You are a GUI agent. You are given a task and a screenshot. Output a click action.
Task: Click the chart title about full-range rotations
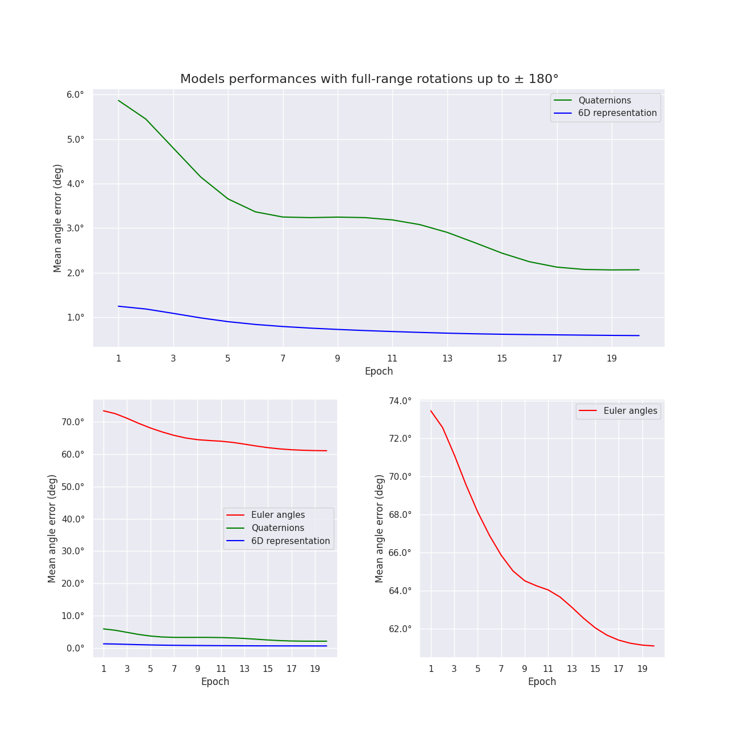coord(369,79)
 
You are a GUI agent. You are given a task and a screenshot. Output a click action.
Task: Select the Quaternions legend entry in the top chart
coord(604,101)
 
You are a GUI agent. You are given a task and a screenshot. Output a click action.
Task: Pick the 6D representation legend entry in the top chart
coord(617,113)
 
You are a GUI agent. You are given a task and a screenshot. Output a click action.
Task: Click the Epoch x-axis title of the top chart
coord(379,372)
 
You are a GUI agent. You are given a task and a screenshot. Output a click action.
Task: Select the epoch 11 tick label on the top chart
coord(392,359)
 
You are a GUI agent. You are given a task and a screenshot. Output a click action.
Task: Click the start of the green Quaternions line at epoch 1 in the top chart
coord(118,101)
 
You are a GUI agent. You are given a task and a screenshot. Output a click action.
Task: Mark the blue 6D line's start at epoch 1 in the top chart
coord(118,306)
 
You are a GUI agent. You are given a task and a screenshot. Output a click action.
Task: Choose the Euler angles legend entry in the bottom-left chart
coord(277,515)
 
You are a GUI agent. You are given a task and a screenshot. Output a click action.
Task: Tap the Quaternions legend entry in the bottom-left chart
coord(277,528)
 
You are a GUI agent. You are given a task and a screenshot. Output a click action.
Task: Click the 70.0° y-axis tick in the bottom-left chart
coord(72,422)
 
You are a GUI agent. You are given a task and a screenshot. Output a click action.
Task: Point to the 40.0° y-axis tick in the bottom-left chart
coord(72,519)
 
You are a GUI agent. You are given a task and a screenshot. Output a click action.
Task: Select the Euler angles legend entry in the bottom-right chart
coord(630,411)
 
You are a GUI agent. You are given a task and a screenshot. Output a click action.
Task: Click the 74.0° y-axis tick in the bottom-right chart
coord(400,401)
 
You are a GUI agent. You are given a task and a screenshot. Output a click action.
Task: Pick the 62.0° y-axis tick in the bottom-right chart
coord(400,629)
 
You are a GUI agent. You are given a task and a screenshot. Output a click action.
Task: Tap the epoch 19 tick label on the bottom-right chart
coord(642,669)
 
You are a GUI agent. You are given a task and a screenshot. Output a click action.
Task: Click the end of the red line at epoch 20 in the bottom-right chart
coord(654,646)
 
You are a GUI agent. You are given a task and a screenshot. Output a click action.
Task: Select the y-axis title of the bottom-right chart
coord(380,528)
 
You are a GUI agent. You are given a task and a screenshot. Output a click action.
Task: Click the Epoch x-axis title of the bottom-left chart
coord(215,682)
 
